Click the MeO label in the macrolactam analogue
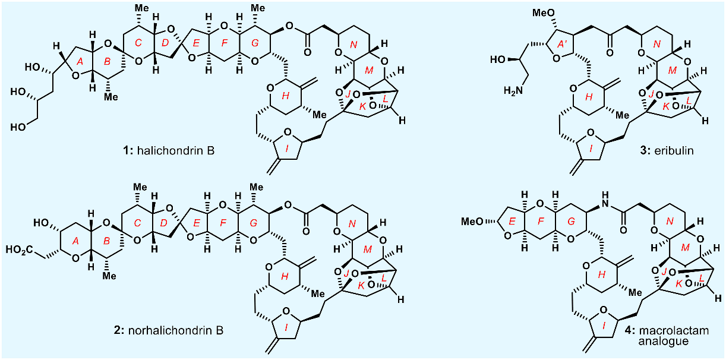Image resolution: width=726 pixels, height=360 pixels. [473, 222]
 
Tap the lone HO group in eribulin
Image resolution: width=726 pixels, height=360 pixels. [495, 59]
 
